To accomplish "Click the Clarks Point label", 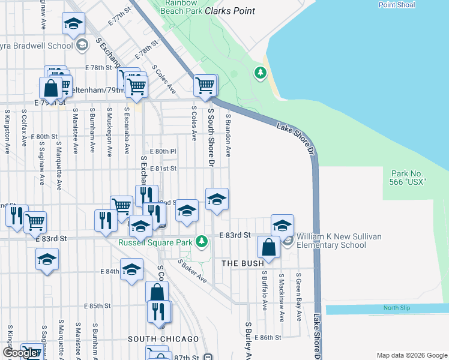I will click(229, 11).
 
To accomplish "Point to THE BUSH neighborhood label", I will click(243, 264).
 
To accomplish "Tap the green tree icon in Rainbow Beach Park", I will click(260, 73).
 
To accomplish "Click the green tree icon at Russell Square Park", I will click(202, 242).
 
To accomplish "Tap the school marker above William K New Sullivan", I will click(282, 225).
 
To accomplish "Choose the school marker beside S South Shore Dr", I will click(217, 199).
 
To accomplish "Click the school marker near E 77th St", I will click(74, 23).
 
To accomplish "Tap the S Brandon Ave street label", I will click(228, 137).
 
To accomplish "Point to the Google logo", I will click(20, 353).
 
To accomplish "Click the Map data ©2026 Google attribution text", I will click(411, 355).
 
